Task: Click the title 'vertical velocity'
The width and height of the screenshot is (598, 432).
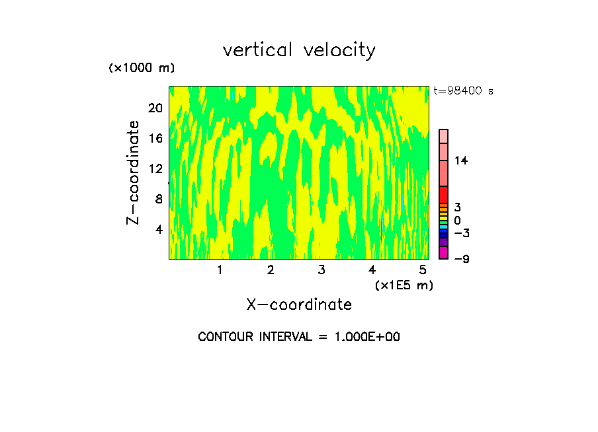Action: [x=299, y=50]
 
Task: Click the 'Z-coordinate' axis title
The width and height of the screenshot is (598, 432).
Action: [x=134, y=172]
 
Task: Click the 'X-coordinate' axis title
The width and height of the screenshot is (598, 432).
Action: [x=299, y=305]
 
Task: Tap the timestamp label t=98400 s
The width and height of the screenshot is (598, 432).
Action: [x=463, y=91]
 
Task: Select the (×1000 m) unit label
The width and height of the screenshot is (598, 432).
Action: [x=142, y=68]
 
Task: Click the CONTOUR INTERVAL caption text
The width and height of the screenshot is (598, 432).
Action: [x=299, y=337]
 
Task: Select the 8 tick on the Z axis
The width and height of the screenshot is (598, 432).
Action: [x=158, y=199]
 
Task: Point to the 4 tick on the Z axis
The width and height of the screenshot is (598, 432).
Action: [x=158, y=229]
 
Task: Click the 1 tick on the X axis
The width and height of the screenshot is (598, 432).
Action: [x=220, y=270]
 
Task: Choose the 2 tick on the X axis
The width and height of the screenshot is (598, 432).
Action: [x=271, y=270]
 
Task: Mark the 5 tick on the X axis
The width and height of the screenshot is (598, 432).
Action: [x=423, y=270]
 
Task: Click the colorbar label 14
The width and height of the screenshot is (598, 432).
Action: [x=461, y=161]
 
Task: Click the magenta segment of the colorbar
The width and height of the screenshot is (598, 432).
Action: [x=443, y=252]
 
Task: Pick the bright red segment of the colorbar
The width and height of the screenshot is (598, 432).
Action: [x=443, y=194]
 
